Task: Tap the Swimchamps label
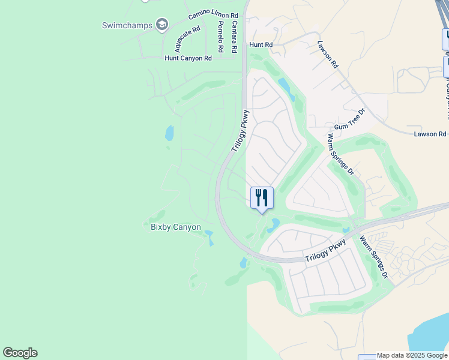coord(127,25)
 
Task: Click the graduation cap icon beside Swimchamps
coord(161,25)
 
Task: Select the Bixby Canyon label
coord(175,227)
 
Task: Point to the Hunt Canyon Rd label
coord(188,58)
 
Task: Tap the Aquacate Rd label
coord(187,38)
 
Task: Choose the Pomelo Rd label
coord(220,35)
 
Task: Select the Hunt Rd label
coord(261,45)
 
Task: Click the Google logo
coord(20,353)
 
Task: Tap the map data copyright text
coord(412,356)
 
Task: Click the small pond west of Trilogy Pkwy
coord(170,133)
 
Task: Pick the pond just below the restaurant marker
coord(274,225)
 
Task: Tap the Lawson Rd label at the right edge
coord(430,134)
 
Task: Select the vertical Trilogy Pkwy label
coord(239,131)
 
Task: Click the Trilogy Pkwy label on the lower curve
coord(325,251)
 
